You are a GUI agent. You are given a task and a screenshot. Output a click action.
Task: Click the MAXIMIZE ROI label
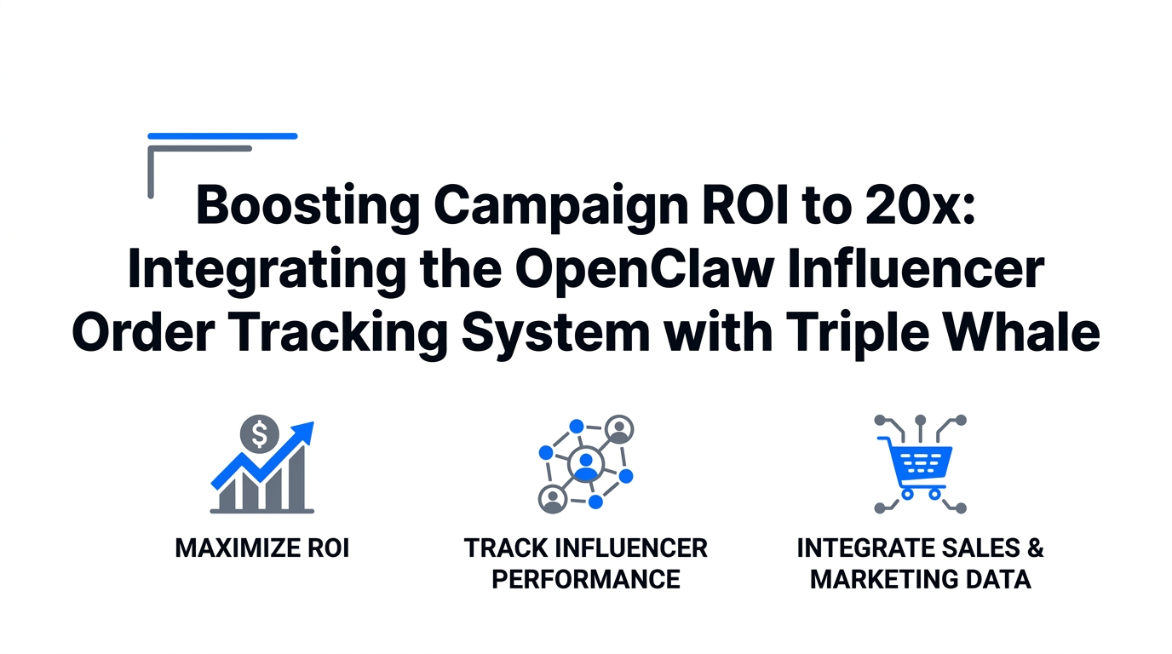point(262,548)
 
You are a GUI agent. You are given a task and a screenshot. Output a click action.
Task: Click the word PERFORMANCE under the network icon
point(586,580)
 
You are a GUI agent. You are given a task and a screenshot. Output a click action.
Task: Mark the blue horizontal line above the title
point(222,135)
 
